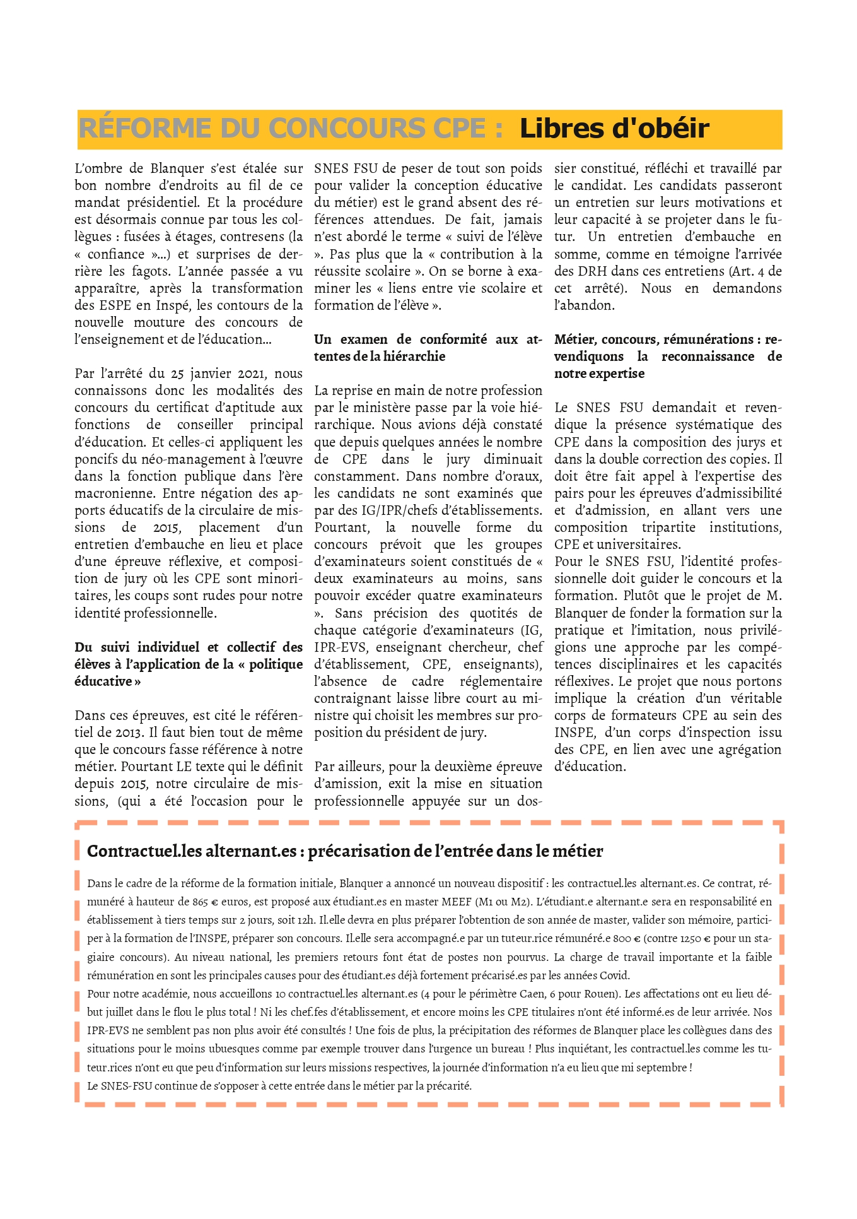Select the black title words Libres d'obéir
tap(614, 129)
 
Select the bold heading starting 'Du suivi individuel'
tap(189, 664)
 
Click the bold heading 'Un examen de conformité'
tap(428, 348)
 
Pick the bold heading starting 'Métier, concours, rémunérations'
tap(667, 356)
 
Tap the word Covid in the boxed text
tap(613, 975)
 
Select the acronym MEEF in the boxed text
tap(457, 902)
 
